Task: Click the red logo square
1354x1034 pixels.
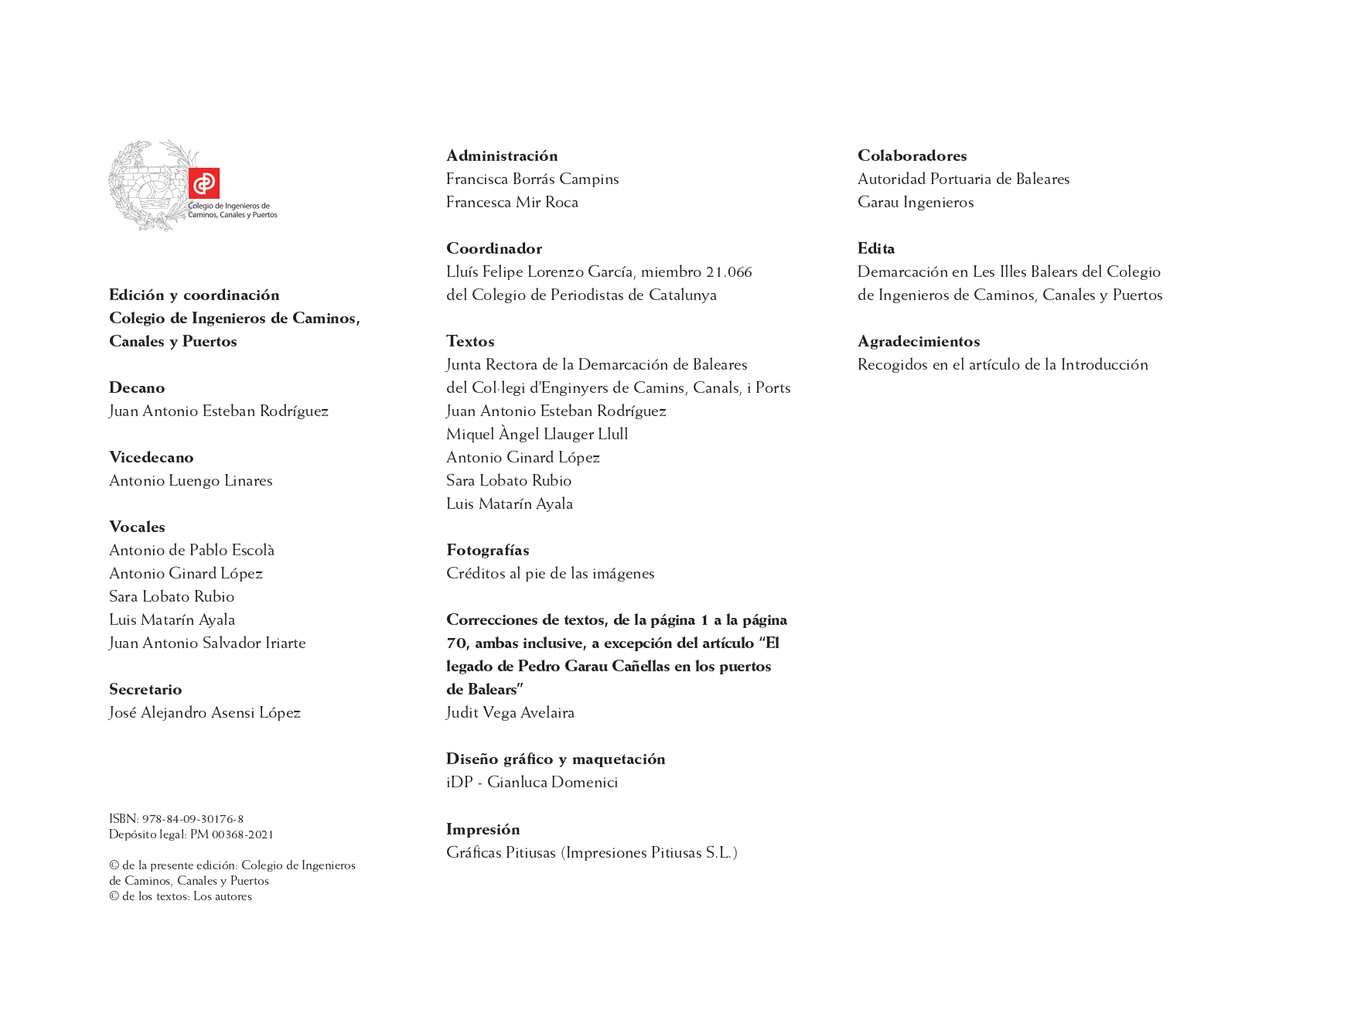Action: point(204,183)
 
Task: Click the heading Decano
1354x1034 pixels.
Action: point(137,387)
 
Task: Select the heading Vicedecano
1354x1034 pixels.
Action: point(152,457)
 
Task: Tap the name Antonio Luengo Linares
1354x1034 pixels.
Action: point(191,480)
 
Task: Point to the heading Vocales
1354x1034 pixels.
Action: point(137,527)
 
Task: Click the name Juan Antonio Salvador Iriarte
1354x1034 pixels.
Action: point(207,643)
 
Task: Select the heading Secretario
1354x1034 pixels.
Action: point(145,689)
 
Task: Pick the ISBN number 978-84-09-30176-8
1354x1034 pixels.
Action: point(193,819)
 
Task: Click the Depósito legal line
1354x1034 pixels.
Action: point(191,834)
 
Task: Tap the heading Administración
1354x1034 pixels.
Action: point(502,155)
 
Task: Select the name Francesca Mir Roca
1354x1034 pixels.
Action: point(512,202)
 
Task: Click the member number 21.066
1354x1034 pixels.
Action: point(728,271)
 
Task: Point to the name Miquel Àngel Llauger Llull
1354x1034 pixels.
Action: point(537,434)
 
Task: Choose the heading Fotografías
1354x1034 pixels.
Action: point(488,550)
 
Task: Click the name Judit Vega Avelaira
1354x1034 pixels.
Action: point(510,712)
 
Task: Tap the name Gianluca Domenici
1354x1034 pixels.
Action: point(552,782)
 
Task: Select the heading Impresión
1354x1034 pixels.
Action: point(483,829)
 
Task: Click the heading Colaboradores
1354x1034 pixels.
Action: point(912,155)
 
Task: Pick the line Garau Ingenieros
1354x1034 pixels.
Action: point(916,202)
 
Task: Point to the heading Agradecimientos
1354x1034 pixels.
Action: point(919,341)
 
